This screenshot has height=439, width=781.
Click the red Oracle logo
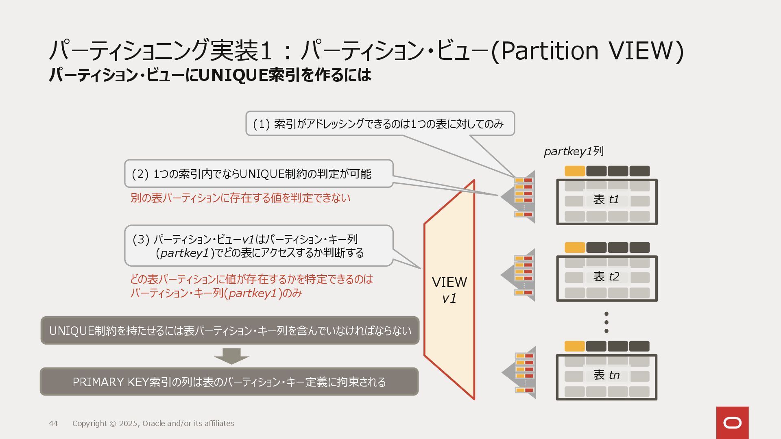(x=732, y=423)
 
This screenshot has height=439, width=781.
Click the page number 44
(x=53, y=424)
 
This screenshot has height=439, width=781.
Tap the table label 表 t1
(x=606, y=199)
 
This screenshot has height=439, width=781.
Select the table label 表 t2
(x=606, y=276)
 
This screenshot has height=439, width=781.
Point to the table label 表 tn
(x=606, y=375)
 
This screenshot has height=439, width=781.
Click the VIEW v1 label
(x=449, y=290)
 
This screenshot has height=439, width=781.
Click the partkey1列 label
(x=574, y=152)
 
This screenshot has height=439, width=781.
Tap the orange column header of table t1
(x=575, y=171)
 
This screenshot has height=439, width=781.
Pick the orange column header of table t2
(x=575, y=248)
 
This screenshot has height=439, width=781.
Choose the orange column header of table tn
(x=574, y=346)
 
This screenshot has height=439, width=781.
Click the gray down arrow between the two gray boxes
(x=231, y=356)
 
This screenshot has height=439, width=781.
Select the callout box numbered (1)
(x=380, y=124)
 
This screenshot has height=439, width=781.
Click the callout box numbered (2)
(x=259, y=174)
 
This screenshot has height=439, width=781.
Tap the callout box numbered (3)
(x=259, y=246)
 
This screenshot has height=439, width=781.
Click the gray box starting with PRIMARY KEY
(x=229, y=382)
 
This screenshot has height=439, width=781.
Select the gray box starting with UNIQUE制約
(x=230, y=330)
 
